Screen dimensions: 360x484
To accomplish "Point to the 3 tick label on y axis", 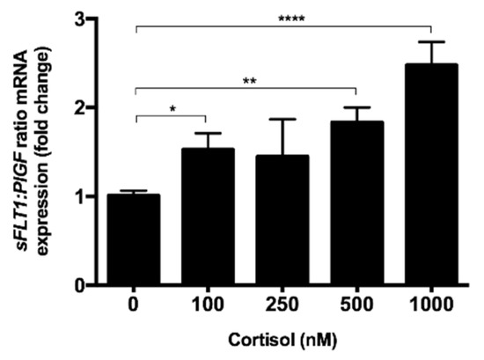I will [x=78, y=18].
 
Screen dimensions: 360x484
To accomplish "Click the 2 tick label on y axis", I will [x=78, y=107].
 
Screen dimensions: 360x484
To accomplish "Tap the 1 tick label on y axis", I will [x=78, y=196].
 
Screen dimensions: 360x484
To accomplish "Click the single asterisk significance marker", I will [x=171, y=109].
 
